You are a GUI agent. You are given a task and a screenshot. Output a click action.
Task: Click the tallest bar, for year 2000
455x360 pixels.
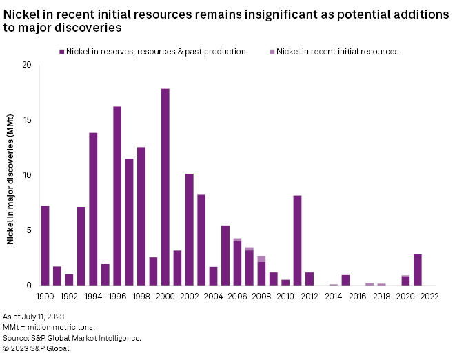(165, 187)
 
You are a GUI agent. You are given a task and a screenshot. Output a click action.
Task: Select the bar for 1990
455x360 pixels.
(45, 246)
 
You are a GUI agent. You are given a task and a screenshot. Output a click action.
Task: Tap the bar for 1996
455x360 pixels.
(117, 196)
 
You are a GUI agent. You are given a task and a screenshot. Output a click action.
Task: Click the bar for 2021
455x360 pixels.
(418, 270)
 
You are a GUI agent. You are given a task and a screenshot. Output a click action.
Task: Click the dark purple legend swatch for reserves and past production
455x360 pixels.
(61, 52)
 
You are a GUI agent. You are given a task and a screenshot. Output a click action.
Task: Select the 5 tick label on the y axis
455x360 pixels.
(29, 230)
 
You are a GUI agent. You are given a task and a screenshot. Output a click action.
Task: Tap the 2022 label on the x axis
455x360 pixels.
(429, 298)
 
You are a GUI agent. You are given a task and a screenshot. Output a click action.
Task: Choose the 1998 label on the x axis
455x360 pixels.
(141, 298)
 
